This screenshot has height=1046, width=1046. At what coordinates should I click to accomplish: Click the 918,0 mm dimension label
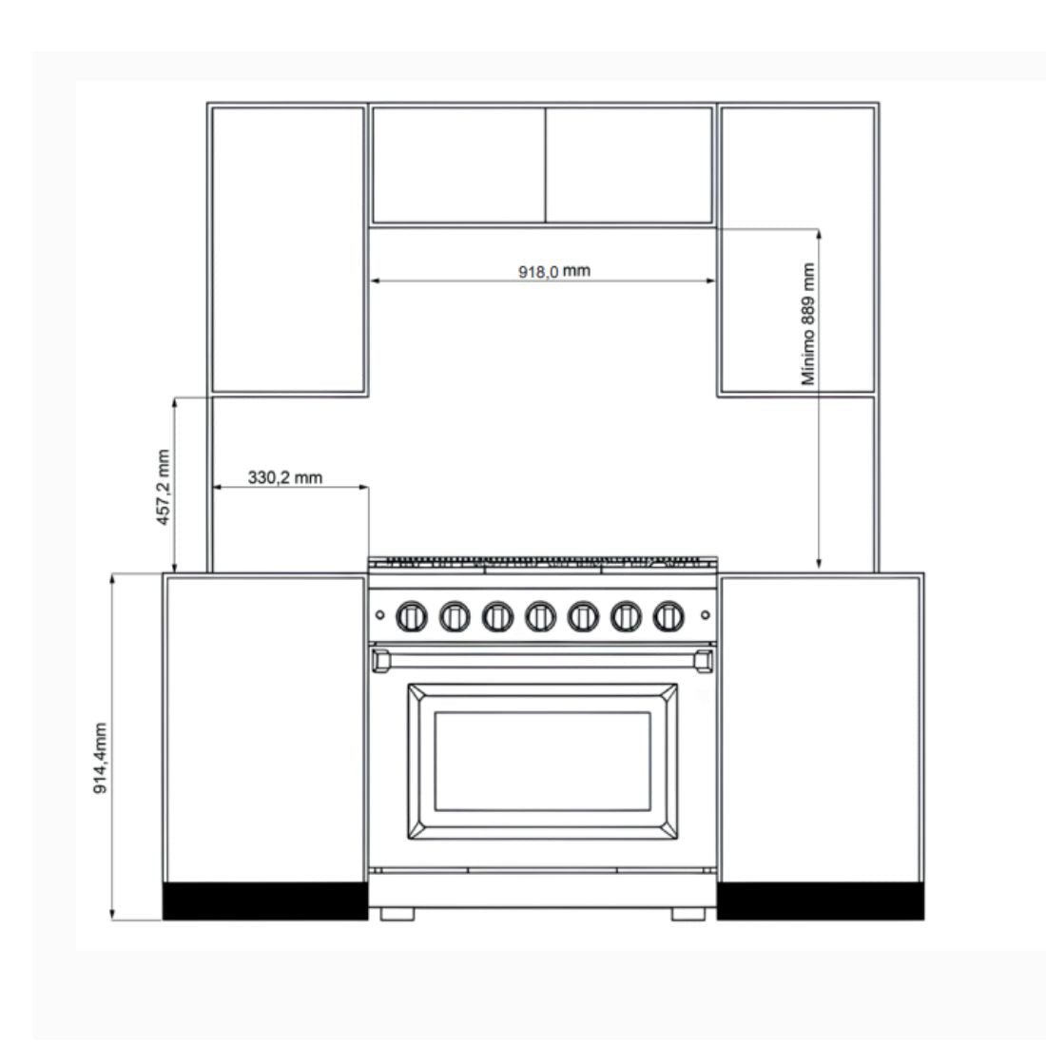(554, 271)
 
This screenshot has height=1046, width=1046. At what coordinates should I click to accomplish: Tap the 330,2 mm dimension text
(285, 477)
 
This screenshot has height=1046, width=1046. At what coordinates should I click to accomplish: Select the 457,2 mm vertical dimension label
(164, 487)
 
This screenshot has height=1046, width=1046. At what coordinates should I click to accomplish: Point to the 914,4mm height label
(100, 758)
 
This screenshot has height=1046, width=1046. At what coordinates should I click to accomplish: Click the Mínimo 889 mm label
(808, 323)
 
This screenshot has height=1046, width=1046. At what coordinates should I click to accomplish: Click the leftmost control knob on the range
(412, 616)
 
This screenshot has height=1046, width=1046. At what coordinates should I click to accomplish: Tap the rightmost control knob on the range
(668, 616)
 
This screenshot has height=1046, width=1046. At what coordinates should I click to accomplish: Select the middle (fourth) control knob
(540, 616)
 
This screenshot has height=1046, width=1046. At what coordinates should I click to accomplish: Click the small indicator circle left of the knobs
(379, 615)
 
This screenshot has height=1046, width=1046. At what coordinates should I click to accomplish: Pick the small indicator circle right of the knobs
(706, 615)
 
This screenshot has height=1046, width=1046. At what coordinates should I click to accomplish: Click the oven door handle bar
(542, 661)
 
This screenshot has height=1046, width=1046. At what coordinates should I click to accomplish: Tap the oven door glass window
(542, 761)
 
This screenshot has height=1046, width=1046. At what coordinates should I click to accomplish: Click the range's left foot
(397, 914)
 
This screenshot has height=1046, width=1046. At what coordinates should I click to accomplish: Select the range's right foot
(688, 914)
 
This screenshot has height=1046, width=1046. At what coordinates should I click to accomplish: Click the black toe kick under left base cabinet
(265, 901)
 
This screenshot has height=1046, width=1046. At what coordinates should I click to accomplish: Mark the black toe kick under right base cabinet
(821, 901)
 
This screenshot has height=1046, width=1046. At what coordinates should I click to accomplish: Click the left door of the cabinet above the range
(459, 165)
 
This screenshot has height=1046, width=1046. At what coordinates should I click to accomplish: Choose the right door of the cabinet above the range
(630, 165)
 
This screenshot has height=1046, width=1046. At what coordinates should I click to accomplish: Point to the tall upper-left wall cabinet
(287, 249)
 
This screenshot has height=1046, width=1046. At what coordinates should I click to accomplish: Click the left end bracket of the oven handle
(381, 661)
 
